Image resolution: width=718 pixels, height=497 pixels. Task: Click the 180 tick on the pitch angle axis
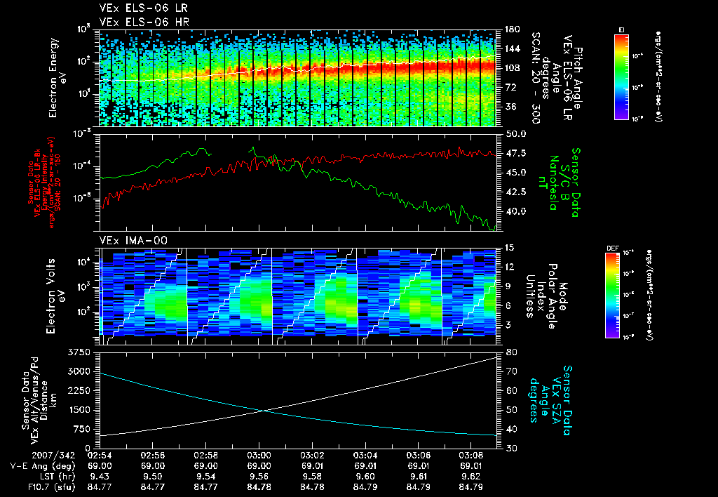[x=510, y=29]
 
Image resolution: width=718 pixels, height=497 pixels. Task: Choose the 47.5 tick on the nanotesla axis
[x=513, y=153]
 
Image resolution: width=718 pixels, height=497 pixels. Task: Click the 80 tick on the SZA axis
[x=510, y=352]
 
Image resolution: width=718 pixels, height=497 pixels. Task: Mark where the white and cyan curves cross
[x=264, y=411]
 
